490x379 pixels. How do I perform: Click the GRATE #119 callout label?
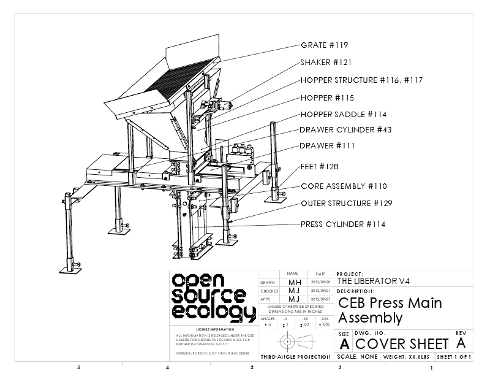coord(325,45)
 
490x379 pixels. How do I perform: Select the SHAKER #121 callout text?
coord(326,63)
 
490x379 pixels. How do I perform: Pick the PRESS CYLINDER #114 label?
coord(342,224)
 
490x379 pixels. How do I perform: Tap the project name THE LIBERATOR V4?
coord(374,281)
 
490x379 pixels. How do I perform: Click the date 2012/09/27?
coord(320,299)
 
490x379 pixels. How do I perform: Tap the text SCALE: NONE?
coord(358,357)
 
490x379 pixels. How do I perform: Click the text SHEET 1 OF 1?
coord(454,357)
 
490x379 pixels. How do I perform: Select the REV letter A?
coord(461,342)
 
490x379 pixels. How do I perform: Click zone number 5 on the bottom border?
coord(78,368)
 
